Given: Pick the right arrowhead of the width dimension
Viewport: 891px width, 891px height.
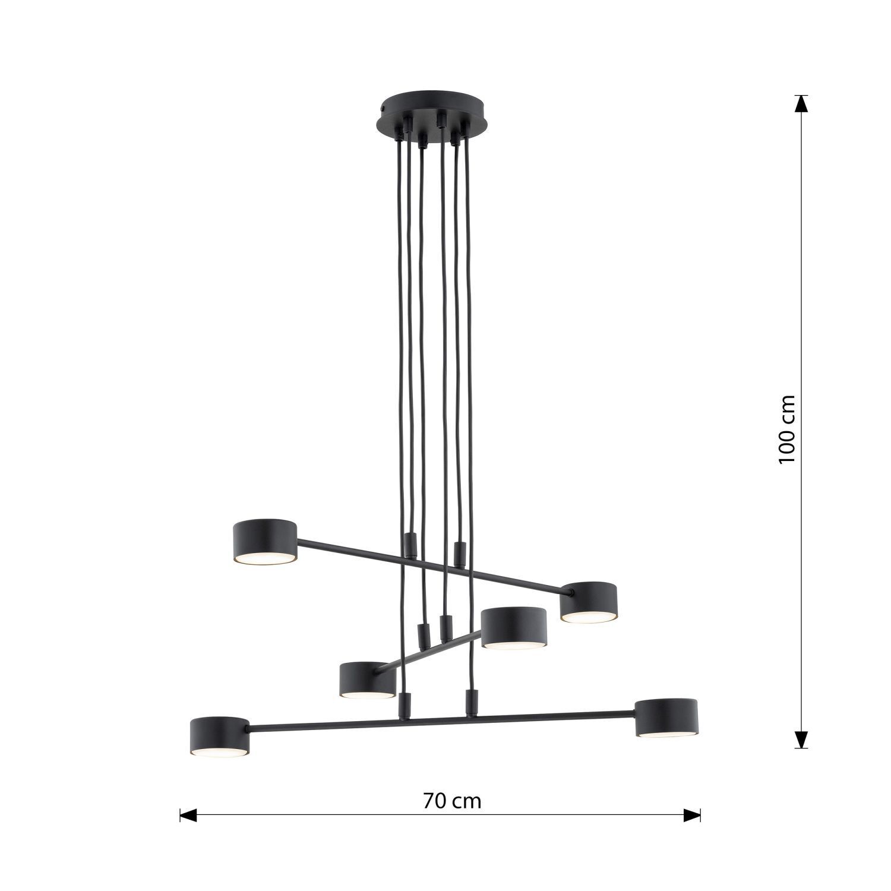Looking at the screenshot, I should [693, 815].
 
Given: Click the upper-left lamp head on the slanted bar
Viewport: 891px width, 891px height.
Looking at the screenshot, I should [265, 541].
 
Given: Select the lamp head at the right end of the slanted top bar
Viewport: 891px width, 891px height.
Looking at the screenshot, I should [588, 602].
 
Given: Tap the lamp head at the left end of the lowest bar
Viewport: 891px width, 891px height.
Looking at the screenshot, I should [220, 736].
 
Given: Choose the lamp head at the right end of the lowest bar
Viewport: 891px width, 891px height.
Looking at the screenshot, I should [666, 718].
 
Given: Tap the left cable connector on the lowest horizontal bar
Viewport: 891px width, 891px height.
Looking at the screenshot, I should [405, 704].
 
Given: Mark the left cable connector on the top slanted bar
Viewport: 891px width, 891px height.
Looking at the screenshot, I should [409, 544].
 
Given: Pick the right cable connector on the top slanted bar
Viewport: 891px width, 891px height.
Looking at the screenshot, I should [458, 552].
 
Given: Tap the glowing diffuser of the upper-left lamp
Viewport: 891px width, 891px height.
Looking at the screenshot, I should [265, 559].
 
